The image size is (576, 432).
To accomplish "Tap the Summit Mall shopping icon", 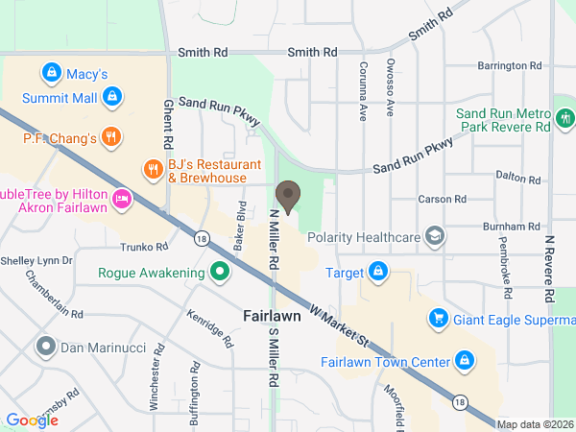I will point(112,97).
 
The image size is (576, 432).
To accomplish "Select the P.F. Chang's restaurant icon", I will point(112,137).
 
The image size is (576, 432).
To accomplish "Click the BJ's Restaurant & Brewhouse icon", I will point(152,170).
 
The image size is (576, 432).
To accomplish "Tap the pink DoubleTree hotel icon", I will point(121,199).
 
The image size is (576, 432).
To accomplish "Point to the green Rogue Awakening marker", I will point(220,272).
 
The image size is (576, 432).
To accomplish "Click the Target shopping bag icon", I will point(379,272).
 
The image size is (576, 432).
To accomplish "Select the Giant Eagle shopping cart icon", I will point(438,317).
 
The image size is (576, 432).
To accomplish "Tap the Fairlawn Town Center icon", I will point(464,361).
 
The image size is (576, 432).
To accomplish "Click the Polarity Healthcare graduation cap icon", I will point(436,236).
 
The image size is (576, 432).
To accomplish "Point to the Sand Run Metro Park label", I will point(504,119).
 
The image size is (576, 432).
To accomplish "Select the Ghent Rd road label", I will point(168,120).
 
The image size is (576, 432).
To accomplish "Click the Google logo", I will point(32,420).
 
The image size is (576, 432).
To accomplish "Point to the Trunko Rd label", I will point(146,247).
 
